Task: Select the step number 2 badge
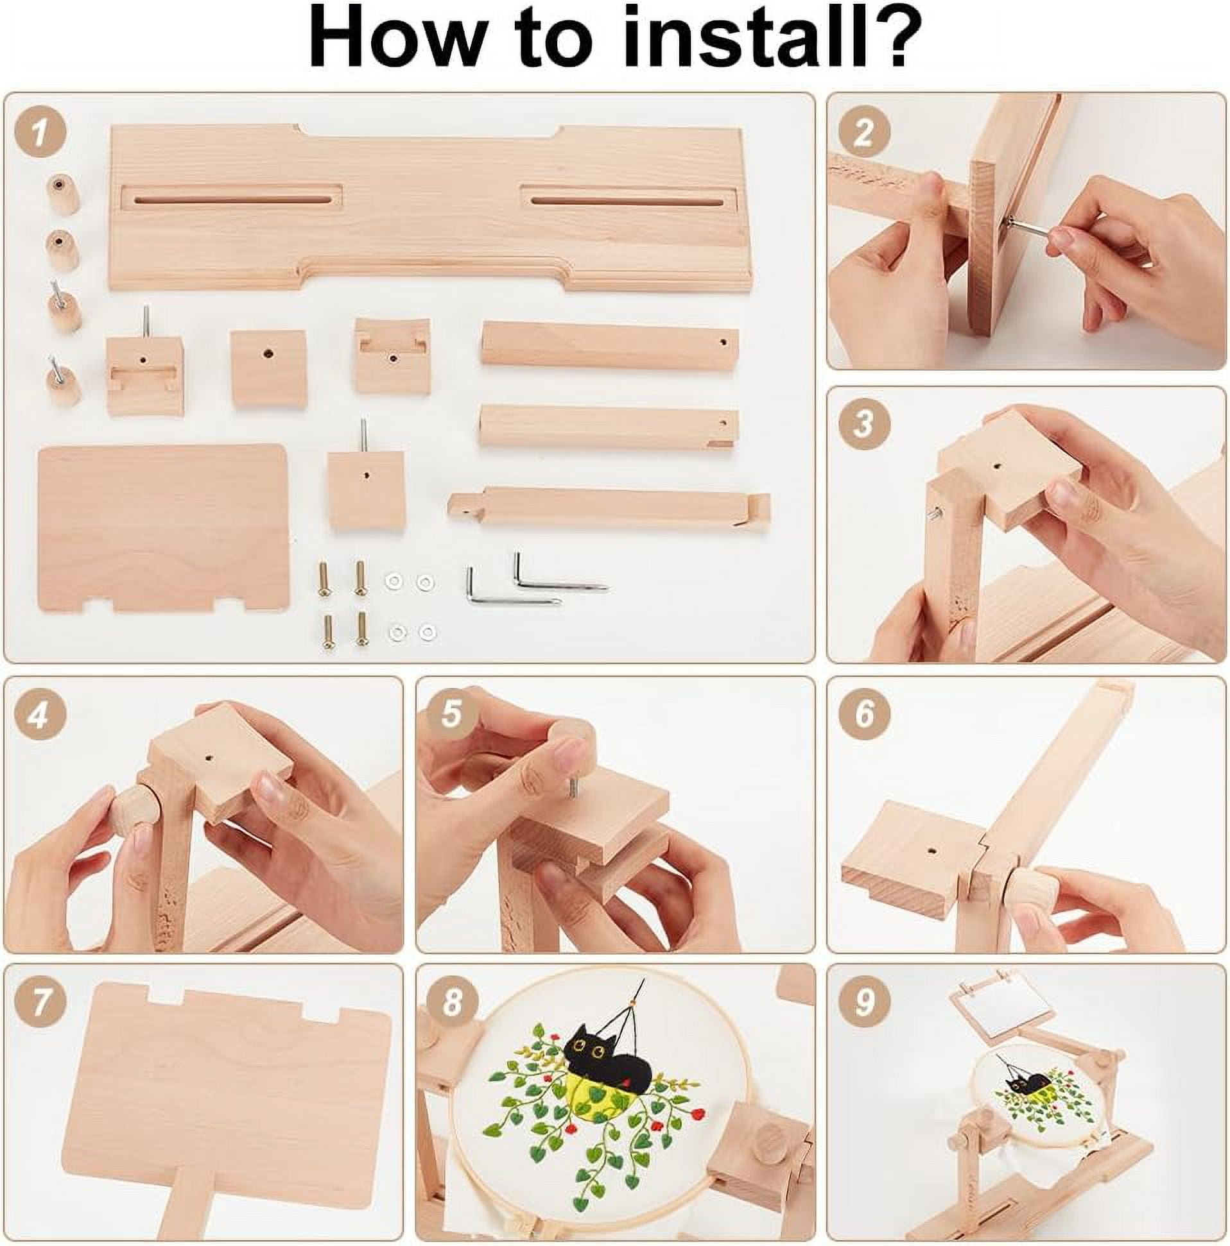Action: point(863,132)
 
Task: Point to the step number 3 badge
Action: point(863,423)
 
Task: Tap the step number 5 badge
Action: point(452,715)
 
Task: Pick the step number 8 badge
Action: point(452,1003)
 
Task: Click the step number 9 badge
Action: point(863,1002)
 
